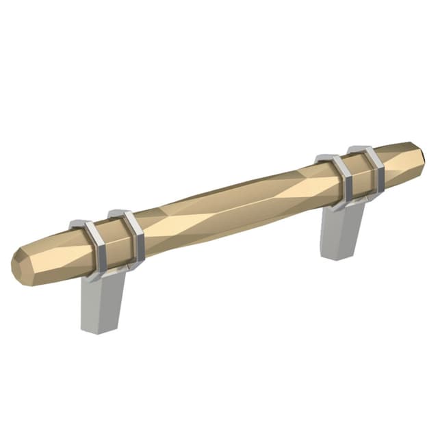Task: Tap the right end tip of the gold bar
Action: point(419,154)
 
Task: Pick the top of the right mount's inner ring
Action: point(327,158)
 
